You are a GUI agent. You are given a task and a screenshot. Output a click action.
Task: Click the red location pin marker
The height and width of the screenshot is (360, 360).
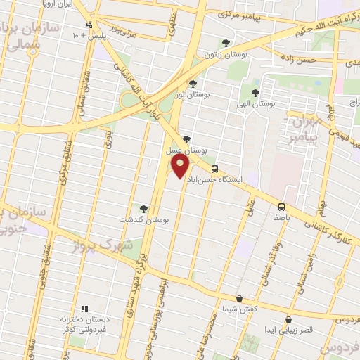181,166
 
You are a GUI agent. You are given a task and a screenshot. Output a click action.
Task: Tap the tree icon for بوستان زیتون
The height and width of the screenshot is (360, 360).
226,42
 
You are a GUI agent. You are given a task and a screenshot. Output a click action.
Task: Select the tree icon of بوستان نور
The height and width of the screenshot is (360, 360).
193,84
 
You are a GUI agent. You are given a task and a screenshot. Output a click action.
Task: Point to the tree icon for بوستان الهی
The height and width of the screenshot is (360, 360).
255,92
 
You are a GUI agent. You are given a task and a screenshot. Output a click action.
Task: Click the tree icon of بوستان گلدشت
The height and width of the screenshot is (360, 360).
143,209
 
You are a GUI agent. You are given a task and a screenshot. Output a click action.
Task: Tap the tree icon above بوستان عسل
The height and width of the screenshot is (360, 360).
186,139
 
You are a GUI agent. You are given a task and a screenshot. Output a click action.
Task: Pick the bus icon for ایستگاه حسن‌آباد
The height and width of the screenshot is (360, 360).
214,169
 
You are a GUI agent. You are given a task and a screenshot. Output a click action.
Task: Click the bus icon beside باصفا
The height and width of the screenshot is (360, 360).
281,207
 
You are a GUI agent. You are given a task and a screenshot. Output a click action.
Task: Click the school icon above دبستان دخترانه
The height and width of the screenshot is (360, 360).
84,308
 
